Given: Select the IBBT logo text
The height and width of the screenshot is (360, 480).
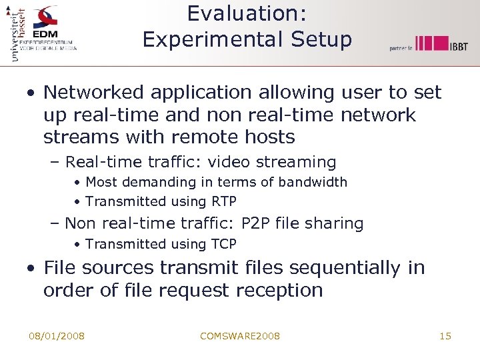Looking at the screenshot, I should click(458, 45).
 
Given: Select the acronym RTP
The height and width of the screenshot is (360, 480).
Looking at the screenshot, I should click(224, 201).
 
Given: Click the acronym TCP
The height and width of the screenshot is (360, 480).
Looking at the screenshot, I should click(224, 244).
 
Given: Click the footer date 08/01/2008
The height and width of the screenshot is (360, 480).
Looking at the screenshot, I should click(57, 335).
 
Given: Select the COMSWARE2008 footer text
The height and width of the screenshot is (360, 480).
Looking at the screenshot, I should click(240, 335).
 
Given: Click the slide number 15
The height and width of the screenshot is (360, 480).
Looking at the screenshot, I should click(445, 335).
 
